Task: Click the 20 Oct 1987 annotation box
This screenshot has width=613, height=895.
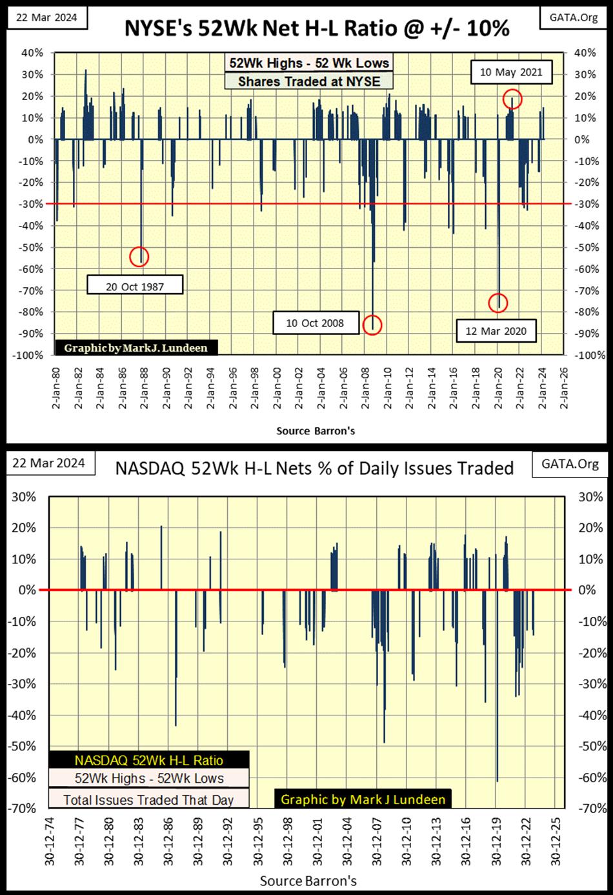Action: (x=135, y=285)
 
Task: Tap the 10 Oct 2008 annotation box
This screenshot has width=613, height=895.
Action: (x=315, y=323)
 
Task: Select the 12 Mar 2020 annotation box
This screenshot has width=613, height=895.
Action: (x=496, y=331)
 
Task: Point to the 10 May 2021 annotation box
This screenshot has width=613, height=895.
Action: (x=511, y=72)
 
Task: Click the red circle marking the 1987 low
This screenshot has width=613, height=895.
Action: (x=139, y=256)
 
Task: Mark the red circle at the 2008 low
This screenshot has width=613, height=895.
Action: (x=372, y=325)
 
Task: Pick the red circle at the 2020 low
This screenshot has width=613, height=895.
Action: (x=498, y=302)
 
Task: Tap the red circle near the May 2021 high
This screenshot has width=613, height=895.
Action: (x=512, y=99)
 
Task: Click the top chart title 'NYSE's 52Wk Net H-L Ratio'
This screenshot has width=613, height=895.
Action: (x=316, y=28)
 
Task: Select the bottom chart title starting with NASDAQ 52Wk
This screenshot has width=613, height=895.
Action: (x=314, y=468)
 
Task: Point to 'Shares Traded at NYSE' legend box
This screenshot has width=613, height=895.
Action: (x=309, y=81)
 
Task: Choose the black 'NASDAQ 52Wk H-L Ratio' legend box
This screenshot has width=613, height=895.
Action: (x=149, y=760)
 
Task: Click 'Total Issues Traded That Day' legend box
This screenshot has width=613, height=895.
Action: (x=148, y=799)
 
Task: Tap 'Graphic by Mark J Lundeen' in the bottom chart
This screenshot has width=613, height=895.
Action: (x=363, y=799)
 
